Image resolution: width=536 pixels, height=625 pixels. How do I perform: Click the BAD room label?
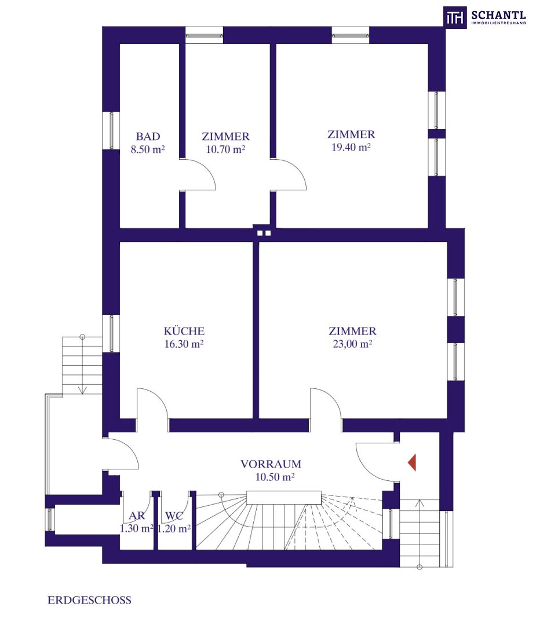[148, 137]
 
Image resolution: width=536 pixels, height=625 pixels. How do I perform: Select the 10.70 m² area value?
[225, 149]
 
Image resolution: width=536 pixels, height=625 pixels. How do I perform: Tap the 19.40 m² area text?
[351, 148]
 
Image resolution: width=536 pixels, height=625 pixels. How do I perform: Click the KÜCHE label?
[184, 331]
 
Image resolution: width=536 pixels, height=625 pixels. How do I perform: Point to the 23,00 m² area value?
[353, 344]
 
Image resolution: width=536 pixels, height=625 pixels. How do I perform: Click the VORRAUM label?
[271, 464]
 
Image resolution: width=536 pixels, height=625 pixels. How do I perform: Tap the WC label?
[174, 516]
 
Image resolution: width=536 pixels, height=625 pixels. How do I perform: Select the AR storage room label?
[137, 516]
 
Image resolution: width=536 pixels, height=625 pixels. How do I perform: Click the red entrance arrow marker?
[412, 462]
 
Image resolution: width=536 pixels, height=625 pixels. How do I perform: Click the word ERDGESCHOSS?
[89, 600]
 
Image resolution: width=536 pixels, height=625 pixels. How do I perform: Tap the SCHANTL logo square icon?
[455, 17]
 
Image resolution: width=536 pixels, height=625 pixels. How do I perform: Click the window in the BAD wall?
[111, 130]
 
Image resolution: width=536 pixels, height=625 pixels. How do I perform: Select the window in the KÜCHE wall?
[111, 334]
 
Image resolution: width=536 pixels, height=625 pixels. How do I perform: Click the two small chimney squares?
[264, 233]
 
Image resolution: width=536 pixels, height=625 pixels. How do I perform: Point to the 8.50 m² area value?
[148, 150]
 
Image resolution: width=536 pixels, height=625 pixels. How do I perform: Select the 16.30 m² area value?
[184, 344]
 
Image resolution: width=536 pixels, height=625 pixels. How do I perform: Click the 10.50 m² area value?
[275, 477]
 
